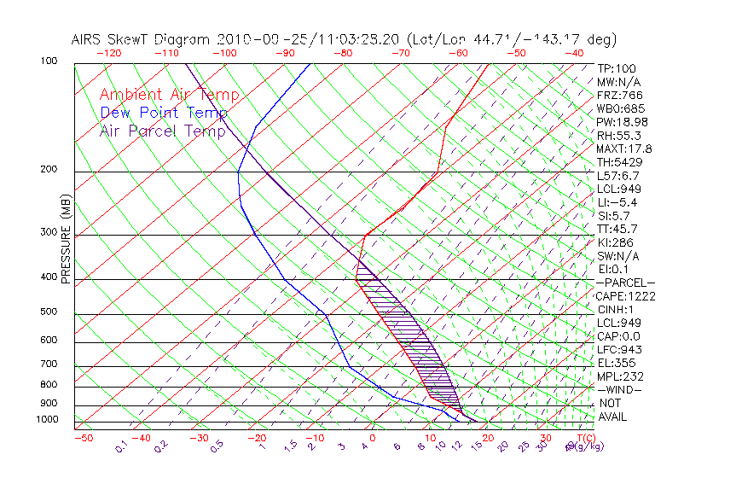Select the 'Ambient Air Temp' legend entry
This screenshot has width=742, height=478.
pos(170,96)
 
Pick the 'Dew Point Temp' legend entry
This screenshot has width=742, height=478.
pos(164,114)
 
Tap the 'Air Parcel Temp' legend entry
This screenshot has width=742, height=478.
pos(163,131)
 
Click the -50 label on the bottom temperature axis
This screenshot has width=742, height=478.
pos(83,439)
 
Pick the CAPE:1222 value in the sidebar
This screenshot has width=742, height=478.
pos(625,296)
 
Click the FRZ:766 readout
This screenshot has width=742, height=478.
pos(620,96)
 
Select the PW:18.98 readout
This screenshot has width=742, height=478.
pos(623,122)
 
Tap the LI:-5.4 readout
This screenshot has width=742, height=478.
pos(617,202)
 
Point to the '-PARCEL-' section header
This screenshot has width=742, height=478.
pos(625,283)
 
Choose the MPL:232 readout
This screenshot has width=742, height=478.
pos(620,376)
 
